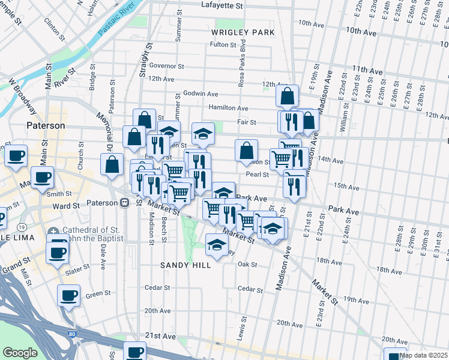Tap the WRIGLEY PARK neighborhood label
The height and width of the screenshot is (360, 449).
coord(243,32)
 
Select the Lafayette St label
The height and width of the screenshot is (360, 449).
coord(221,5)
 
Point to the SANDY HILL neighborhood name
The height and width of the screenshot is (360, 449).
coord(185,265)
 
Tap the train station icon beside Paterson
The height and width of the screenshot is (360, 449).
coord(124,203)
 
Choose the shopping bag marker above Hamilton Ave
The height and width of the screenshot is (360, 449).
coord(288,95)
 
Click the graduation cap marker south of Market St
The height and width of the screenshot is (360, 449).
coord(217,243)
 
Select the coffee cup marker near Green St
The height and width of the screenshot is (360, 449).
coord(68,295)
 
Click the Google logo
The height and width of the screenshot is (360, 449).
coord(20,352)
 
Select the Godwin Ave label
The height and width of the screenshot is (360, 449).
coord(200,94)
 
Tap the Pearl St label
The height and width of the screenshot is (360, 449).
coord(256,175)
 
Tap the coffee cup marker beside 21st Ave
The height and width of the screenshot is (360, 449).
coord(136,351)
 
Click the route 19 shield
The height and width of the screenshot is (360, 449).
coord(22,227)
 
